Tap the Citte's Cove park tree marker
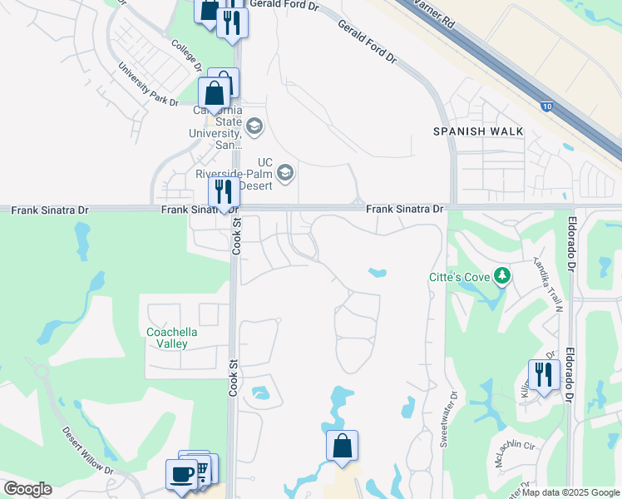501,275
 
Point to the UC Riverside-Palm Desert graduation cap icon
285,172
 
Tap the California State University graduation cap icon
254,127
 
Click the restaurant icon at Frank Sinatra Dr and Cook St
223,192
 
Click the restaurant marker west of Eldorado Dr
543,374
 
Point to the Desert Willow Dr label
87,451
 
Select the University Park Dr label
148,84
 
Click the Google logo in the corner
27,489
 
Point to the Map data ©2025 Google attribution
570,492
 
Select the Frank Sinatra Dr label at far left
50,210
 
